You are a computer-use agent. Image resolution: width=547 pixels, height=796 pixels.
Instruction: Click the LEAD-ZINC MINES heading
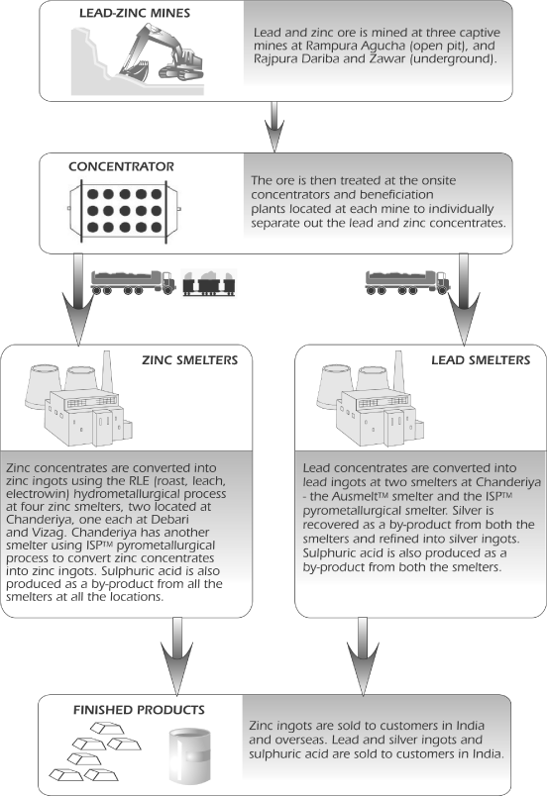click(135, 13)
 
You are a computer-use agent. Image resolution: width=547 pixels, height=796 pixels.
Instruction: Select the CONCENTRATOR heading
click(121, 166)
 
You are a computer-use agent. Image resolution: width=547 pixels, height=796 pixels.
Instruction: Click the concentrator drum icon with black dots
click(125, 210)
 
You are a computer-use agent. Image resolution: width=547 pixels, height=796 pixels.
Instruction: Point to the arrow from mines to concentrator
click(274, 127)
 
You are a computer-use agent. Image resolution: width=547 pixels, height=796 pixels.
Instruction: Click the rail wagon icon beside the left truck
click(209, 283)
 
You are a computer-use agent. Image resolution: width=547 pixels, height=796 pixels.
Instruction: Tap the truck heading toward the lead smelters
click(407, 283)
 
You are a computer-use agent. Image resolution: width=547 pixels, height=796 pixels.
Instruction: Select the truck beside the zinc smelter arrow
click(133, 283)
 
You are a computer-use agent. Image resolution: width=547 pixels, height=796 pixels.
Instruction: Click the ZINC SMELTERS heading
click(190, 360)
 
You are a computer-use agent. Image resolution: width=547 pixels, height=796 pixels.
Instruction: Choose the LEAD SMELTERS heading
click(481, 360)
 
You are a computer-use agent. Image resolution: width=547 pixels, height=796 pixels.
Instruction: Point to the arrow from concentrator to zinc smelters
click(78, 300)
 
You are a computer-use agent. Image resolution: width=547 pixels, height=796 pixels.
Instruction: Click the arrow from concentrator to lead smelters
click(464, 300)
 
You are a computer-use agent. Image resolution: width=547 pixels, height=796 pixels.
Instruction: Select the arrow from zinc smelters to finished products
click(176, 655)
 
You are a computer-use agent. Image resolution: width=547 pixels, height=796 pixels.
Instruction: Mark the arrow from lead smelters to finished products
click(363, 655)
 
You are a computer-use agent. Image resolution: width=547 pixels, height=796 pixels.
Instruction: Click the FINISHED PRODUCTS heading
click(139, 710)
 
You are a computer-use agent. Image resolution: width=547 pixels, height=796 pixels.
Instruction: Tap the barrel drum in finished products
click(189, 755)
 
